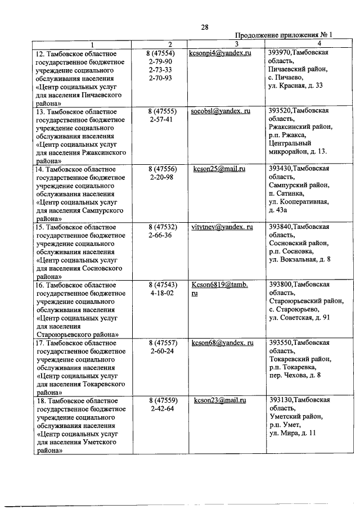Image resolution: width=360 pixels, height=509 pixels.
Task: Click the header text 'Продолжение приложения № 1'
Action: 283,35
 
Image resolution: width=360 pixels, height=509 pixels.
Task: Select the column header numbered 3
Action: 237,44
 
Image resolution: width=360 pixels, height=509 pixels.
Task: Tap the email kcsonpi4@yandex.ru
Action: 220,52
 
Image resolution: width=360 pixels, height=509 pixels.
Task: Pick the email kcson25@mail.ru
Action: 220,169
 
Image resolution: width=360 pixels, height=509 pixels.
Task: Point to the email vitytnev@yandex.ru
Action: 222,227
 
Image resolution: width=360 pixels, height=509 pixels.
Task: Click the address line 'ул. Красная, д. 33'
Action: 296,86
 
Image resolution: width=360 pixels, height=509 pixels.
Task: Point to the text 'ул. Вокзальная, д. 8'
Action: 299,260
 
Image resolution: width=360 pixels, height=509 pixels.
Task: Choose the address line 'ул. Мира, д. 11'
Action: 292,434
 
